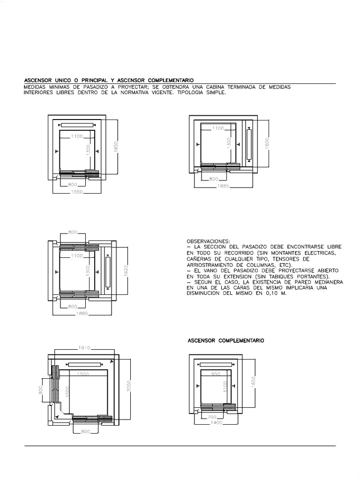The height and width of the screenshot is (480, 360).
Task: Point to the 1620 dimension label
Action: coord(126,271)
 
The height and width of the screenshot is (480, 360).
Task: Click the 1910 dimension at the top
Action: coord(85,349)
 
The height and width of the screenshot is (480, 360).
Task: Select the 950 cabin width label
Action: coord(216,375)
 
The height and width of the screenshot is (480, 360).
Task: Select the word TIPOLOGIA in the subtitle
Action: coord(189,93)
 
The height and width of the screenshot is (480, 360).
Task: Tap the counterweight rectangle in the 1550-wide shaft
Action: coord(78,125)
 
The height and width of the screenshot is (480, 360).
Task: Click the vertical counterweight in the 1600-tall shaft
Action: coord(249,144)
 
